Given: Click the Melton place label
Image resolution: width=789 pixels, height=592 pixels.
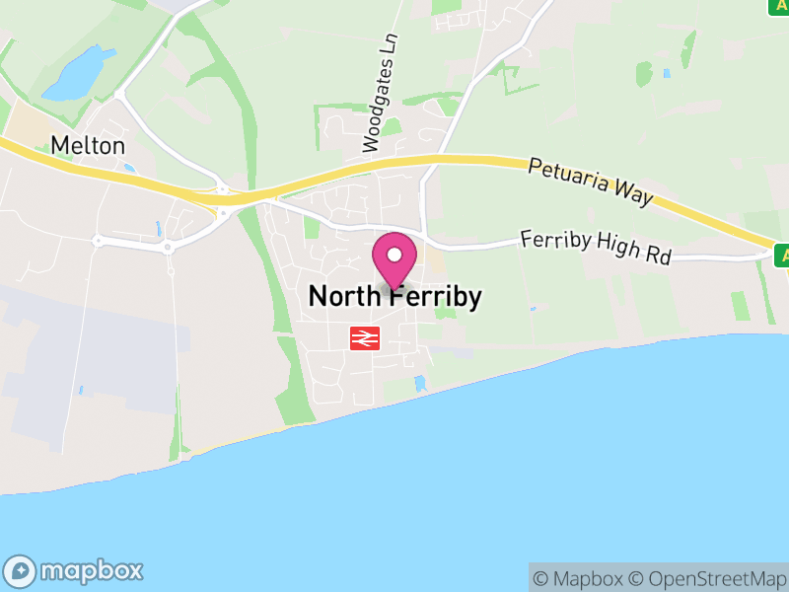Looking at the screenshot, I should (88, 146).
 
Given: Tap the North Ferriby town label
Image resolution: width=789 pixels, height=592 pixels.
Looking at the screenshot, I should (394, 296).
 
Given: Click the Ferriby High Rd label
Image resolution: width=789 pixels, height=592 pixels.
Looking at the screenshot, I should (595, 247).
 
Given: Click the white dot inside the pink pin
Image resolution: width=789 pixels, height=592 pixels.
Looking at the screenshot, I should (394, 255).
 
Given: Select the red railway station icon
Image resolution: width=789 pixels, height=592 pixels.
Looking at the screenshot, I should (365, 338).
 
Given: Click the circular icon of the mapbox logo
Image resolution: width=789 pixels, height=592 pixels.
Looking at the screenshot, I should (22, 570).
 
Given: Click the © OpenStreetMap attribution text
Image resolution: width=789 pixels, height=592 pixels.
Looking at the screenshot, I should (708, 578).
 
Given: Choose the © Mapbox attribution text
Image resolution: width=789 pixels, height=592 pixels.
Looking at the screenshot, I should (579, 578).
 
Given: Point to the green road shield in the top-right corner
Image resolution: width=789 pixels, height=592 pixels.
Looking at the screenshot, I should (779, 4).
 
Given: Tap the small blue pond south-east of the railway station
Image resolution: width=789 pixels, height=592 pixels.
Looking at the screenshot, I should (421, 382).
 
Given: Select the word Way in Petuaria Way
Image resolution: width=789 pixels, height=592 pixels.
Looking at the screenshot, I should (635, 193).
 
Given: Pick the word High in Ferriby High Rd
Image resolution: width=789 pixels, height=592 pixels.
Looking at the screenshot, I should (615, 250).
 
